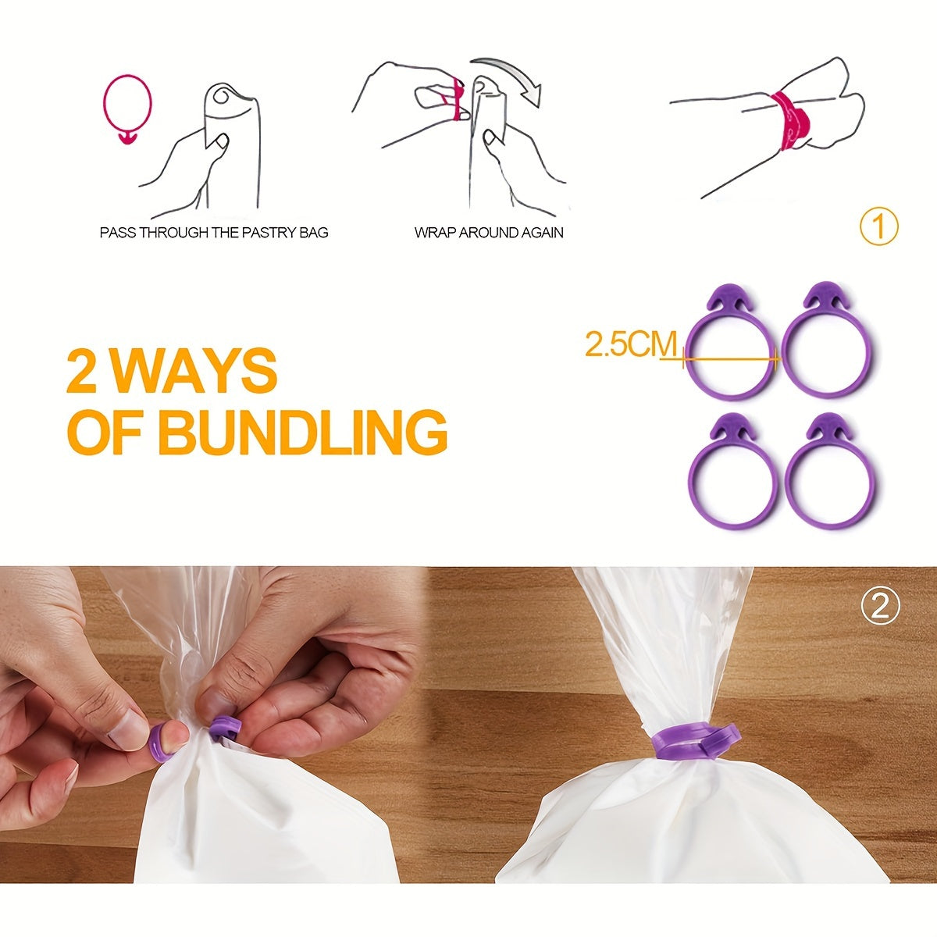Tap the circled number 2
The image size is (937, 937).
880,607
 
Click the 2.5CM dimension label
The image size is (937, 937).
631,344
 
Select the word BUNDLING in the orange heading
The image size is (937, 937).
302,432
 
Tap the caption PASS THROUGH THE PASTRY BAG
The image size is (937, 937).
214,233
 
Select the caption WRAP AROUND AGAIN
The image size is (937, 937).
489,233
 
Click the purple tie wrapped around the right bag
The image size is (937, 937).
690,747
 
